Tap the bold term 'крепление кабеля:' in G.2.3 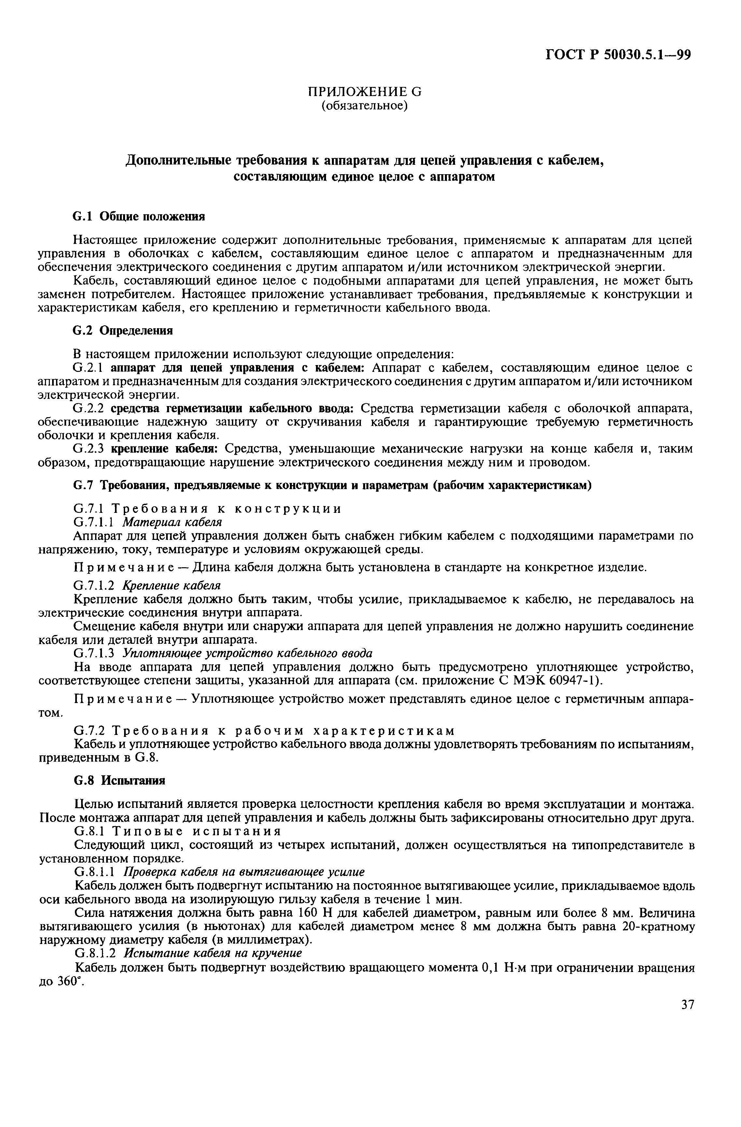167,448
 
